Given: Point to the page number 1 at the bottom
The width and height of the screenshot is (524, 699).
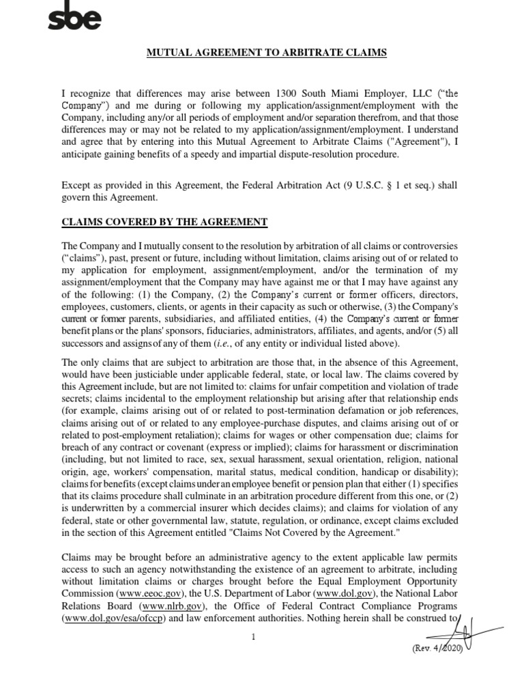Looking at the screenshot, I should pos(253,637).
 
